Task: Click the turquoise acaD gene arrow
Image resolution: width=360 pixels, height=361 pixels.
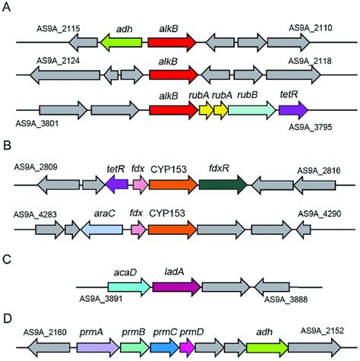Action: tap(130, 287)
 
